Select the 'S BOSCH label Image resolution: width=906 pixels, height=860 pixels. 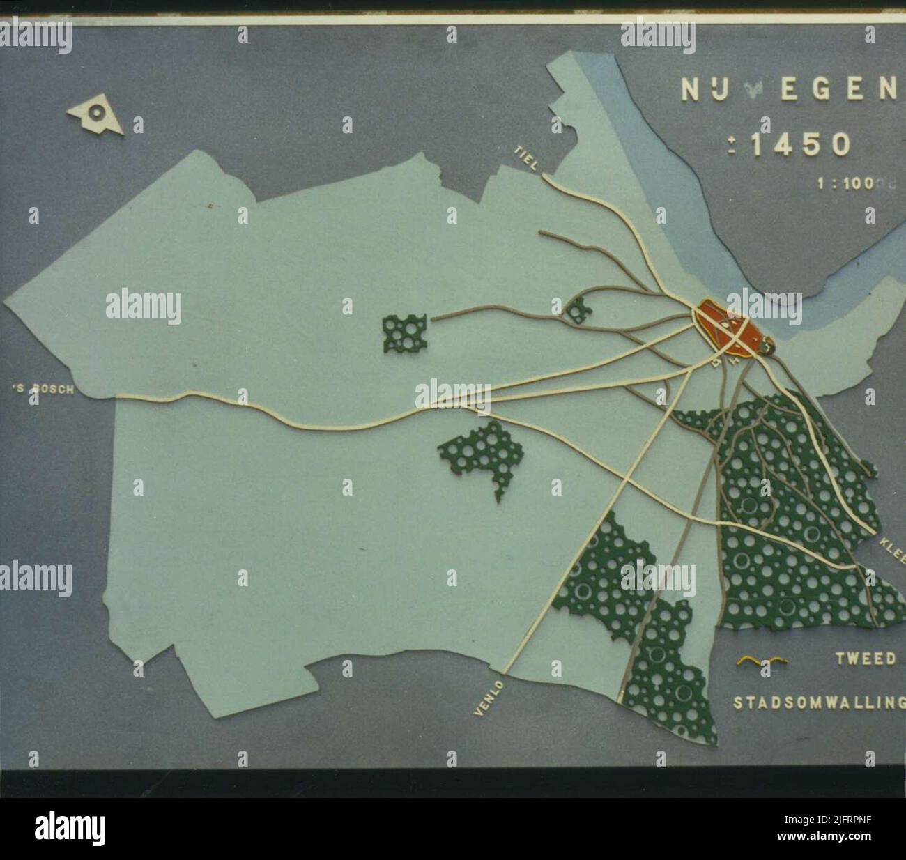coord(43,390)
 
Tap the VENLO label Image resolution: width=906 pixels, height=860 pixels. coord(488,698)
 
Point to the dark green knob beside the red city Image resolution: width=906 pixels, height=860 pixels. coord(767,344)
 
